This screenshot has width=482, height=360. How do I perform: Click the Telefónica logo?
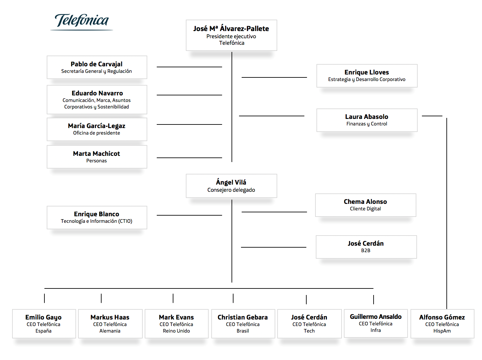(x=82, y=22)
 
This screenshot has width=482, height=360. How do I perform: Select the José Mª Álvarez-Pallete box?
(x=231, y=35)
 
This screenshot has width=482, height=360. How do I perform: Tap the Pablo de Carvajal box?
(x=97, y=67)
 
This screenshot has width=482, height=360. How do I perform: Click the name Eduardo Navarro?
(x=97, y=93)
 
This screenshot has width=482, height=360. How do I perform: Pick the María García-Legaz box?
(x=97, y=129)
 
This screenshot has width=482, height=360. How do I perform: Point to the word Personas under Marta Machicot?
(x=96, y=160)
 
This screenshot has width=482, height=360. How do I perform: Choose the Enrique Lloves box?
(x=367, y=76)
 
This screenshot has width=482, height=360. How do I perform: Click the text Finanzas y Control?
(x=367, y=124)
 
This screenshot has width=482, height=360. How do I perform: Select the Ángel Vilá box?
(x=231, y=186)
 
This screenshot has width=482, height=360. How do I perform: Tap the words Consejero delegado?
(x=231, y=190)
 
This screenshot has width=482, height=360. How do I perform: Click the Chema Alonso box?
(x=366, y=205)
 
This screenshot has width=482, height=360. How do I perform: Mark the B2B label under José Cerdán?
(x=366, y=250)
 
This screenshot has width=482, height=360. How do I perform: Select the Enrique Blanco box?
(x=97, y=218)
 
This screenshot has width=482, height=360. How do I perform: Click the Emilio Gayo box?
(x=44, y=323)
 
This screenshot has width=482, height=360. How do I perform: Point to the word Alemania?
(x=110, y=331)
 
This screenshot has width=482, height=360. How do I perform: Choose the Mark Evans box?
(x=177, y=323)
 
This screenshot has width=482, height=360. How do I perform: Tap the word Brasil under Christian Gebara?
(x=243, y=331)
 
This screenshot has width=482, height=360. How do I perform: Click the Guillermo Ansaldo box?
(x=376, y=323)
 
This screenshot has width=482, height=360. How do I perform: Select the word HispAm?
(x=442, y=331)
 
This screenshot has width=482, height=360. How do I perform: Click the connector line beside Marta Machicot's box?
(x=189, y=158)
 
